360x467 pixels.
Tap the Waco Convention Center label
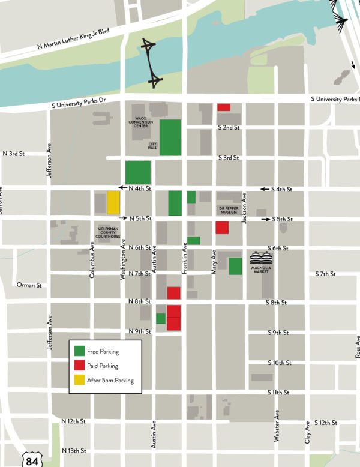(x=141, y=124)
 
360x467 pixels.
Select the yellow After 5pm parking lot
(x=113, y=202)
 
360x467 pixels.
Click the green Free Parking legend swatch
(x=79, y=351)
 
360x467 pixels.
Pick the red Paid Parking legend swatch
(x=79, y=366)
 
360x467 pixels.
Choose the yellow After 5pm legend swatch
(x=79, y=380)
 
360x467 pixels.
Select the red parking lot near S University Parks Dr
(x=224, y=107)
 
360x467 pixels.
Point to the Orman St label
(x=29, y=285)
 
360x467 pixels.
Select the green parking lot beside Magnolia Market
(x=235, y=266)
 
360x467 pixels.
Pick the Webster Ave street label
(x=277, y=426)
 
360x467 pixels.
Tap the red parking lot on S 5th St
(x=222, y=228)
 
